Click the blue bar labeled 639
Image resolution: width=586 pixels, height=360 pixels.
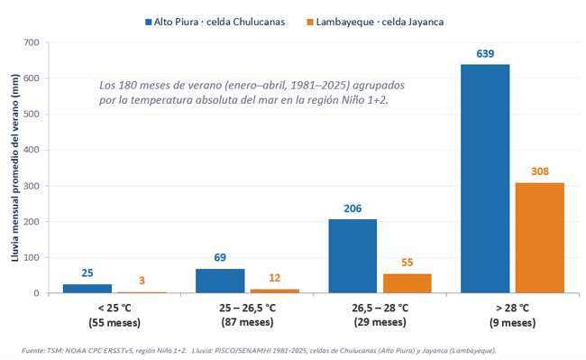click(x=485, y=179)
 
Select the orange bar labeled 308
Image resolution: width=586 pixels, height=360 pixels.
click(x=540, y=238)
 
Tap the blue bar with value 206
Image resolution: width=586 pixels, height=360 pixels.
click(x=353, y=256)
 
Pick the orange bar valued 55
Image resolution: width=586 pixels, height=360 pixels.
click(x=407, y=283)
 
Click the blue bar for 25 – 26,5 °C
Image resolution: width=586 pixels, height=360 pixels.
click(x=220, y=281)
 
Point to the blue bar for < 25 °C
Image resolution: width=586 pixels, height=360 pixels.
click(x=87, y=289)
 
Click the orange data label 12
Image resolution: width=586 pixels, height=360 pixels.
click(x=275, y=278)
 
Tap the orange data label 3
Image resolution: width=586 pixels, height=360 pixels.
click(x=142, y=281)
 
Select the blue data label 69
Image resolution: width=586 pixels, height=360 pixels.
click(x=220, y=257)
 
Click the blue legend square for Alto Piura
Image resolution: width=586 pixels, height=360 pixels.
click(x=149, y=22)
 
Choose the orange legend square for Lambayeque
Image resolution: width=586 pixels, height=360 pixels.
click(x=310, y=22)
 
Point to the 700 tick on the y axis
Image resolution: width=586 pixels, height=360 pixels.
click(x=32, y=42)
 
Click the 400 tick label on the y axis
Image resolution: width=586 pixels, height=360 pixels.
click(x=32, y=150)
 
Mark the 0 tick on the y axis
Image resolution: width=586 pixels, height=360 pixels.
click(x=36, y=293)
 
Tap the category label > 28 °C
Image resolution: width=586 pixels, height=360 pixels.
click(x=512, y=308)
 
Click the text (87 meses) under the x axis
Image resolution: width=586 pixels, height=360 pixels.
click(x=247, y=322)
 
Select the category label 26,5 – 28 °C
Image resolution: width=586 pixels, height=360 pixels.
click(x=380, y=308)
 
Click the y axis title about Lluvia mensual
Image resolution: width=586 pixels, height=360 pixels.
click(x=15, y=168)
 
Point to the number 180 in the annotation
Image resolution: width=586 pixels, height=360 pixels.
click(x=126, y=85)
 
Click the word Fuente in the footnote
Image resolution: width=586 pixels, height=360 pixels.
click(x=32, y=351)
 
